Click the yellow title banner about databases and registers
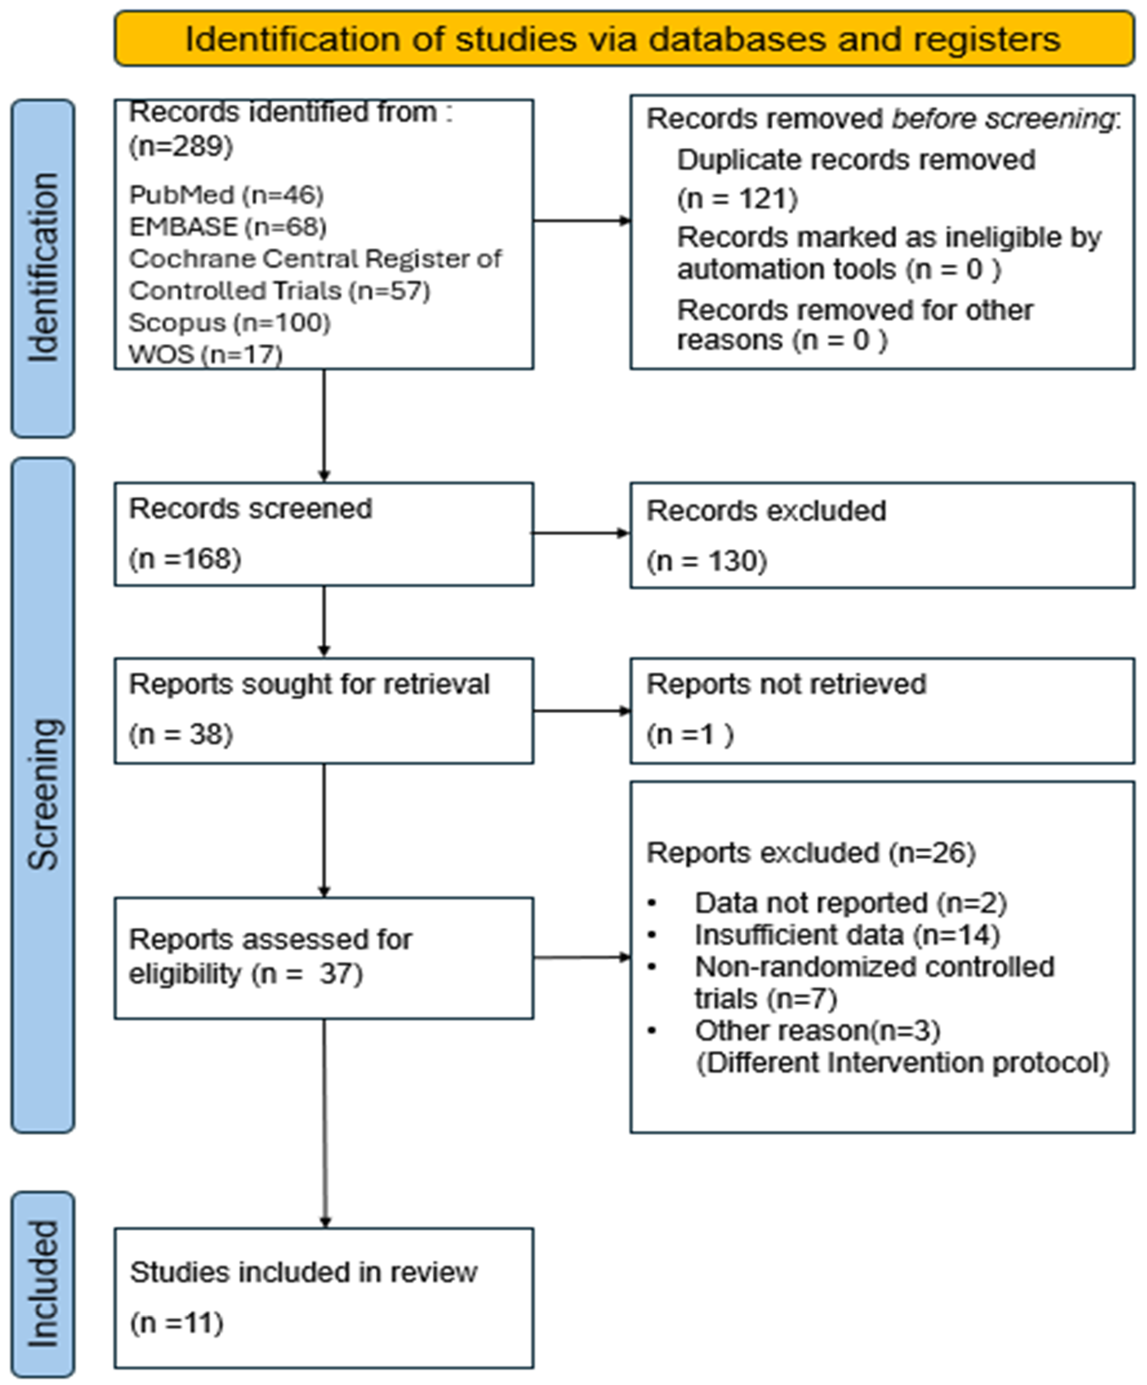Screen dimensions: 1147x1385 click(x=624, y=38)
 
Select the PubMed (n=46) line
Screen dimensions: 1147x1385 click(x=226, y=195)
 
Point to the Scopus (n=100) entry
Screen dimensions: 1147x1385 click(x=229, y=322)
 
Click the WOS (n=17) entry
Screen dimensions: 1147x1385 click(x=206, y=354)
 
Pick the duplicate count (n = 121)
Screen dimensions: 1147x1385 click(x=737, y=199)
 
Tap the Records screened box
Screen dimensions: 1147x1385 click(x=324, y=534)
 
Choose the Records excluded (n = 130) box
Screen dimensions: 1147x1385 click(x=882, y=535)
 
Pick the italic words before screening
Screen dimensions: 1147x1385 click(x=1002, y=119)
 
